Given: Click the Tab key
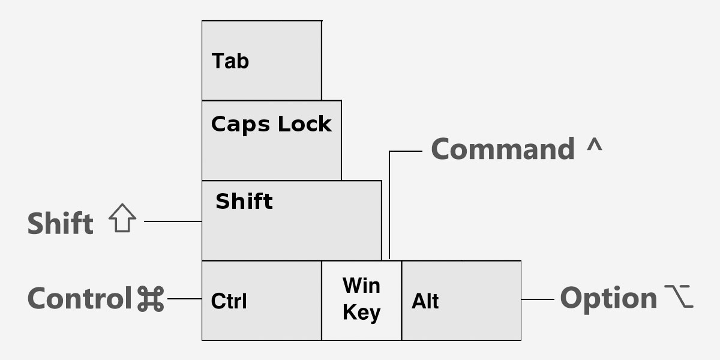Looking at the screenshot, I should [261, 60].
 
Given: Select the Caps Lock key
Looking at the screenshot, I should [271, 140].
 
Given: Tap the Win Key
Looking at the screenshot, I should [361, 299].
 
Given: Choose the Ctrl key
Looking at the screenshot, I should [262, 300].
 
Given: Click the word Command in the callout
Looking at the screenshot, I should [503, 149].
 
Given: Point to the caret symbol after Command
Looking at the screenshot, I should [593, 147].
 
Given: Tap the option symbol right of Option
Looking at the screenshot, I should [679, 296].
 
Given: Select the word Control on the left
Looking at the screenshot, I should [79, 299].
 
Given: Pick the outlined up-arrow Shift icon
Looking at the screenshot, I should [122, 219].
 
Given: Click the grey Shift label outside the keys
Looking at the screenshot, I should [61, 224].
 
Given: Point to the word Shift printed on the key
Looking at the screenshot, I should [244, 201].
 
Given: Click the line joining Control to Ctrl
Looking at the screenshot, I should [184, 299].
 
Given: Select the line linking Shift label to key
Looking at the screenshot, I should [173, 221].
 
